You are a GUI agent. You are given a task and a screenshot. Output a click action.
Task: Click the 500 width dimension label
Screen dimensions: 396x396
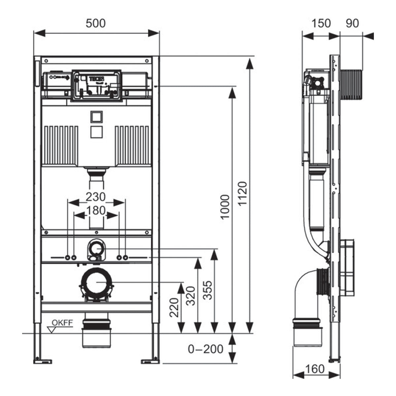tap(96, 23)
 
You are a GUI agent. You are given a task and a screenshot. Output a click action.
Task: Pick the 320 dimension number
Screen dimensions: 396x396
tap(191, 295)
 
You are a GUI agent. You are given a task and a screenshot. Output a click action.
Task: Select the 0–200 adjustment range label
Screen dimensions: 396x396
tap(206, 349)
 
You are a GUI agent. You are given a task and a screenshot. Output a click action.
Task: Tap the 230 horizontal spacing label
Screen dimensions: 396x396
tap(96, 197)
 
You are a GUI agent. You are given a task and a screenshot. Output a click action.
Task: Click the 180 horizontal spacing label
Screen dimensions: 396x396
tap(96, 210)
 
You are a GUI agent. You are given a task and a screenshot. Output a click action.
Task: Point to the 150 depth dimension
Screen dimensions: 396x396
tap(321, 23)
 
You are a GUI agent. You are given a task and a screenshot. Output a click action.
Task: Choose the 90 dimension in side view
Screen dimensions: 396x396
tap(352, 23)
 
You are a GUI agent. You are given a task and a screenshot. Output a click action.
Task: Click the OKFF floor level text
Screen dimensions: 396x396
tap(62, 323)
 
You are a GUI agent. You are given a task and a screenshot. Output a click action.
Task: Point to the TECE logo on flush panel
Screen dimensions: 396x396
tap(96, 79)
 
